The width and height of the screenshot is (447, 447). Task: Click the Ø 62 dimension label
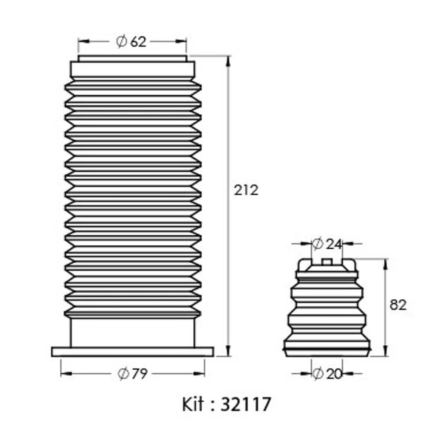pyautogui.click(x=131, y=41)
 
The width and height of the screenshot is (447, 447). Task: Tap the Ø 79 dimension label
pyautogui.click(x=133, y=374)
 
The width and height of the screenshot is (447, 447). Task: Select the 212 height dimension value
pyautogui.click(x=246, y=190)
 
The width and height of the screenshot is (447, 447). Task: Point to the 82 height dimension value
pyautogui.click(x=398, y=305)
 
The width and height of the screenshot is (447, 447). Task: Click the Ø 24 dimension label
pyautogui.click(x=327, y=244)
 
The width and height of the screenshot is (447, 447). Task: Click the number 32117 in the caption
pyautogui.click(x=246, y=404)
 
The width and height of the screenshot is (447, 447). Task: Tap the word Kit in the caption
pyautogui.click(x=193, y=404)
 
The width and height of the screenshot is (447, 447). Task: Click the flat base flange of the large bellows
pyautogui.click(x=133, y=352)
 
